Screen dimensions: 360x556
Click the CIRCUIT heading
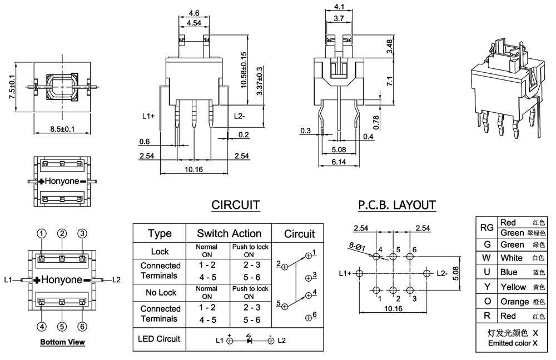point(235,205)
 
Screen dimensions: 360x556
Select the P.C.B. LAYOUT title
point(397,205)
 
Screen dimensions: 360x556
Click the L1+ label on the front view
point(148,116)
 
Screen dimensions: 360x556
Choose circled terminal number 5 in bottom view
point(62,326)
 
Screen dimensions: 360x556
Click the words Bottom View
point(62,342)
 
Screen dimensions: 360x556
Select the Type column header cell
point(160,233)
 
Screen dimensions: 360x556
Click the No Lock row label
point(160,292)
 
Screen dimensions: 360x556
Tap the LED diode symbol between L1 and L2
point(249,340)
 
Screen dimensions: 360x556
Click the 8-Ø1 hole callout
point(357,245)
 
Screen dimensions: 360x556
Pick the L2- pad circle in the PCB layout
point(427,273)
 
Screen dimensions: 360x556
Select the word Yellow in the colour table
point(513,287)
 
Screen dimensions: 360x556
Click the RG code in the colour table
point(487,227)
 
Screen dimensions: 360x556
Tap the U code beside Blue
point(487,272)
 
